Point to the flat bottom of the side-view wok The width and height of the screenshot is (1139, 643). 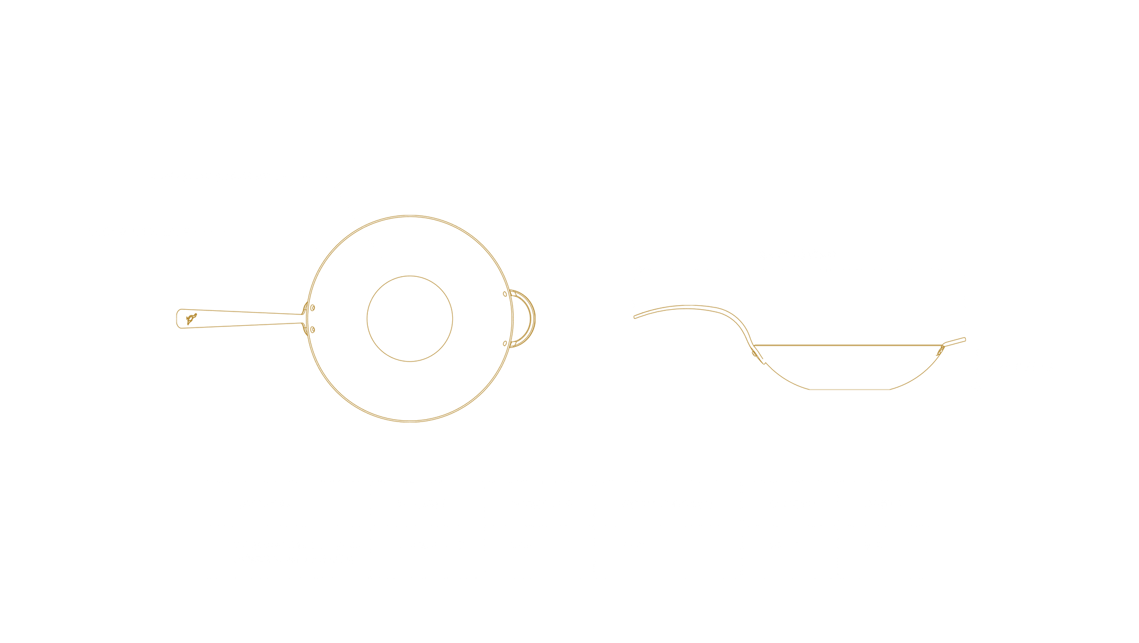click(x=849, y=389)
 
